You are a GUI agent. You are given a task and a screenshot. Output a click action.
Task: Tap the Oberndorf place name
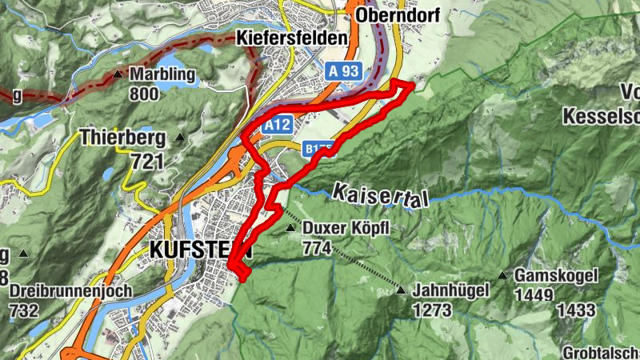400,17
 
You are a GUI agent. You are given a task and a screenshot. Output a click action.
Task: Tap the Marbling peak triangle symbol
118,75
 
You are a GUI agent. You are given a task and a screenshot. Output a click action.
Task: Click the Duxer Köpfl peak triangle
290,229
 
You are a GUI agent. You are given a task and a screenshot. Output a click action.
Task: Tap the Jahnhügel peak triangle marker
401,291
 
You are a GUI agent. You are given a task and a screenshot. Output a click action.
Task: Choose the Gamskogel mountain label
557,276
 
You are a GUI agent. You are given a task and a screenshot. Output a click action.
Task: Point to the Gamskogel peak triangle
502,276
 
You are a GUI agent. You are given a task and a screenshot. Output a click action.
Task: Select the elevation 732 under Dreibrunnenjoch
23,310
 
